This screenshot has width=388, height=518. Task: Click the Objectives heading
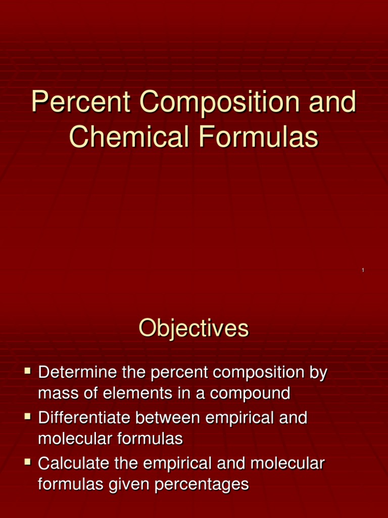(x=194, y=329)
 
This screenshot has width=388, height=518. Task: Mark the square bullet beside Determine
(x=28, y=373)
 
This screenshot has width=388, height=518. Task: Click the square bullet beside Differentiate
(x=28, y=418)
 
